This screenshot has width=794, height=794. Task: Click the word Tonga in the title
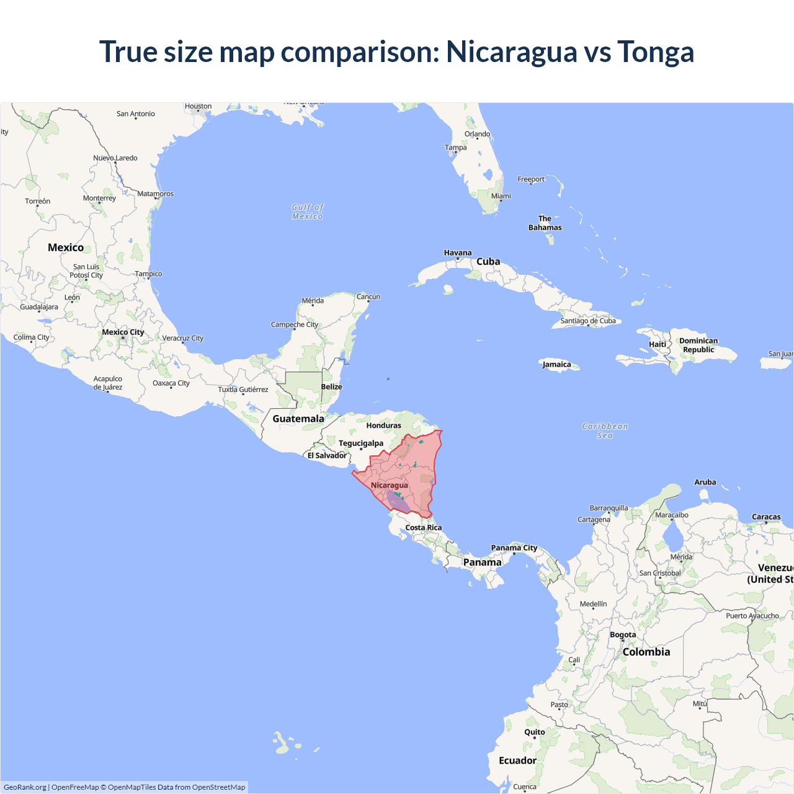655,51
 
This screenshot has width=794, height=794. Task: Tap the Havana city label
458,252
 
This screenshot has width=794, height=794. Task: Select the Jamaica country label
556,364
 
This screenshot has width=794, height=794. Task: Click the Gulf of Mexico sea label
308,212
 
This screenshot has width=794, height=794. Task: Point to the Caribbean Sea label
605,430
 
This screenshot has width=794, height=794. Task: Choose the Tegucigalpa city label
361,443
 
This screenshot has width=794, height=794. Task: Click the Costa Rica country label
424,527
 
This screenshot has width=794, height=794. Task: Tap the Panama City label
514,548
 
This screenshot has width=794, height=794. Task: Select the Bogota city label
623,635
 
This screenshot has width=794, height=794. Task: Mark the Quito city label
535,732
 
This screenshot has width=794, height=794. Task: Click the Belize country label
331,386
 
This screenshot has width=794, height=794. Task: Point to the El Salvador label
327,455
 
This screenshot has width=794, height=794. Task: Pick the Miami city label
501,196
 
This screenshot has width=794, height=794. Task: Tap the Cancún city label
368,297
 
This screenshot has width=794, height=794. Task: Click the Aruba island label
705,482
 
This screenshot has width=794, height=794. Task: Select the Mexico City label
123,332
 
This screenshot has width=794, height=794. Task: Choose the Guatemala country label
298,419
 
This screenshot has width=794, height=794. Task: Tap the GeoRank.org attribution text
25,787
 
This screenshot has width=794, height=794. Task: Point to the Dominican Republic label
698,345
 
